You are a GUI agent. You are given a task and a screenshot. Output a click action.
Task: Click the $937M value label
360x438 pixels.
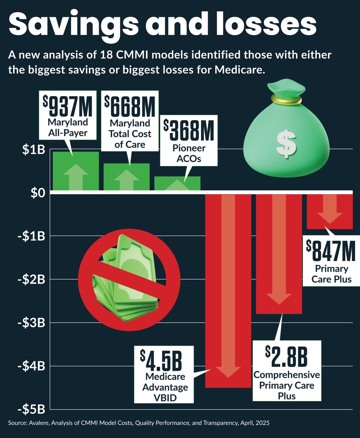[67, 106]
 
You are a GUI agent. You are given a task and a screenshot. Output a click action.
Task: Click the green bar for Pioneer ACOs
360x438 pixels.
[178, 183]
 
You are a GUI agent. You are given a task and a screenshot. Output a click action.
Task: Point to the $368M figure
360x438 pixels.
[189, 130]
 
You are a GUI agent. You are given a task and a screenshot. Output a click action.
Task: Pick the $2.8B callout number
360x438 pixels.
[287, 356]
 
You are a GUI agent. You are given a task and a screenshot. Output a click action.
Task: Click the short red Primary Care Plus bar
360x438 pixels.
[330, 211]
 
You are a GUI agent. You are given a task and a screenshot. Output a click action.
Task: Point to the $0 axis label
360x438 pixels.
[38, 193]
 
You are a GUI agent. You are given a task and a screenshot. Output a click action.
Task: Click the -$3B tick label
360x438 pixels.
[32, 323]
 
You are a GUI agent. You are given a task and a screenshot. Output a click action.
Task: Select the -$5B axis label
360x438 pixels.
[32, 410]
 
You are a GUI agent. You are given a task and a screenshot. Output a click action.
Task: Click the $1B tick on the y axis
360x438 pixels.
[33, 150]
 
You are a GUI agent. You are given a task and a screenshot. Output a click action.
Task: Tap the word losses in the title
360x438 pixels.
[266, 24]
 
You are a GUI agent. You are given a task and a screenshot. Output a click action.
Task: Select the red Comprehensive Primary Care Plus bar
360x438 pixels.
[279, 253]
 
